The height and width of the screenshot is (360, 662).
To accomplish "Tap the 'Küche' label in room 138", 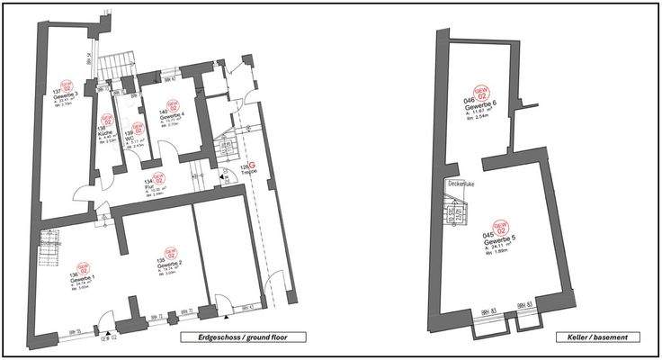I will click(x=105, y=132).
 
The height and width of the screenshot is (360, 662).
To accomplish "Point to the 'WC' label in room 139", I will click(x=130, y=139).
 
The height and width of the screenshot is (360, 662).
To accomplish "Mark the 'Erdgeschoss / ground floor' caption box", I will click(x=242, y=337).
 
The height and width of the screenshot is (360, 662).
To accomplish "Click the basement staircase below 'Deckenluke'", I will click(x=457, y=212).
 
